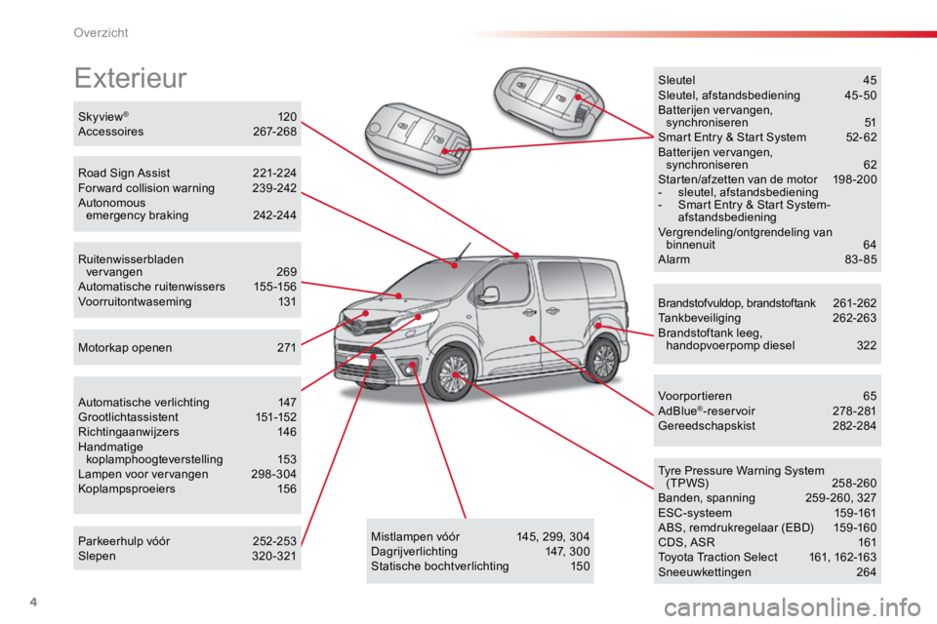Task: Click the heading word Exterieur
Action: [130, 78]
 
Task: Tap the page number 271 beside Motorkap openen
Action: [287, 347]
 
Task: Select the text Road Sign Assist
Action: [124, 174]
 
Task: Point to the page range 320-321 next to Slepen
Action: [273, 556]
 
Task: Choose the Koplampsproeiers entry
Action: [127, 489]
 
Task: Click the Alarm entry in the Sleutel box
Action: [673, 259]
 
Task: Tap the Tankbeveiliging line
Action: [699, 318]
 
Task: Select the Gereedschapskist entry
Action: [707, 426]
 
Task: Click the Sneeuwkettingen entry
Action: [705, 572]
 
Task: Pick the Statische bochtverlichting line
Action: [440, 566]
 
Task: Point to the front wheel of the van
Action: [454, 374]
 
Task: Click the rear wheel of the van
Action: [602, 360]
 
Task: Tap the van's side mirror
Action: [490, 294]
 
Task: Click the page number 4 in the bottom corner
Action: [33, 602]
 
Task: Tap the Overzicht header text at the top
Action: [101, 33]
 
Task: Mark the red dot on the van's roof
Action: [516, 255]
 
